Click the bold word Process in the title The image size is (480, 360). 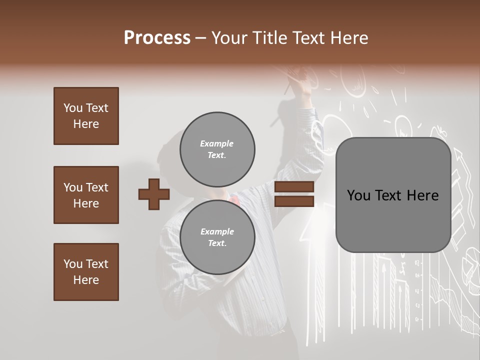(x=157, y=38)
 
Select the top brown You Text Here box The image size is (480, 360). (x=86, y=116)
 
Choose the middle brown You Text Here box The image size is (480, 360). (x=86, y=195)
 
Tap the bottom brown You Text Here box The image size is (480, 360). (x=86, y=271)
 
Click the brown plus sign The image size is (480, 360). (x=154, y=194)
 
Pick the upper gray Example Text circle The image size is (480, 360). (x=217, y=149)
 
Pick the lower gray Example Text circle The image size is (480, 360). (x=217, y=237)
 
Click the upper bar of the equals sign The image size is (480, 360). (x=294, y=186)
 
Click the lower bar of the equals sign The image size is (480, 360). (x=294, y=201)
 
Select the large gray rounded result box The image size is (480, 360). (x=393, y=195)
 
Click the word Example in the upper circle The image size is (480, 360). (x=216, y=143)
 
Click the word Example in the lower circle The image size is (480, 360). (x=217, y=231)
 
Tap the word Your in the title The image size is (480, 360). (x=229, y=38)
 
